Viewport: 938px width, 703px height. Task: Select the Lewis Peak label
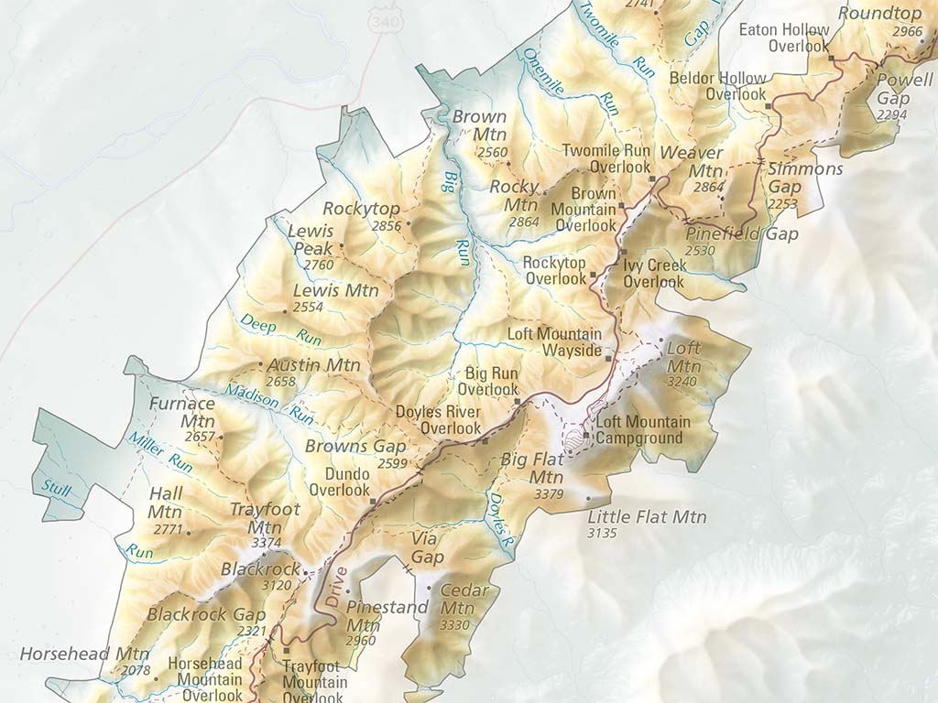coord(311,240)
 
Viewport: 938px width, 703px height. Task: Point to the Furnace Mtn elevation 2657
coord(199,438)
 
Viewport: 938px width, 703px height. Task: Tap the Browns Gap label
coord(343,447)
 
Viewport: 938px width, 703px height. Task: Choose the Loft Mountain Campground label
coord(643,430)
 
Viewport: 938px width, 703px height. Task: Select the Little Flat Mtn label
coord(647,517)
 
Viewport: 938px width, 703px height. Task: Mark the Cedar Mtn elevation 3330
coord(454,625)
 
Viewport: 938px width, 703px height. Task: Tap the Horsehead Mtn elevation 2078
coord(135,671)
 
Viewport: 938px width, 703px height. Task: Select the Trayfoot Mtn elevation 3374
coord(266,543)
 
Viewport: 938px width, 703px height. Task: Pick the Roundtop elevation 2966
coord(907,32)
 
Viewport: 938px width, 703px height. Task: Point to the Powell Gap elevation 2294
coord(891,114)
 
